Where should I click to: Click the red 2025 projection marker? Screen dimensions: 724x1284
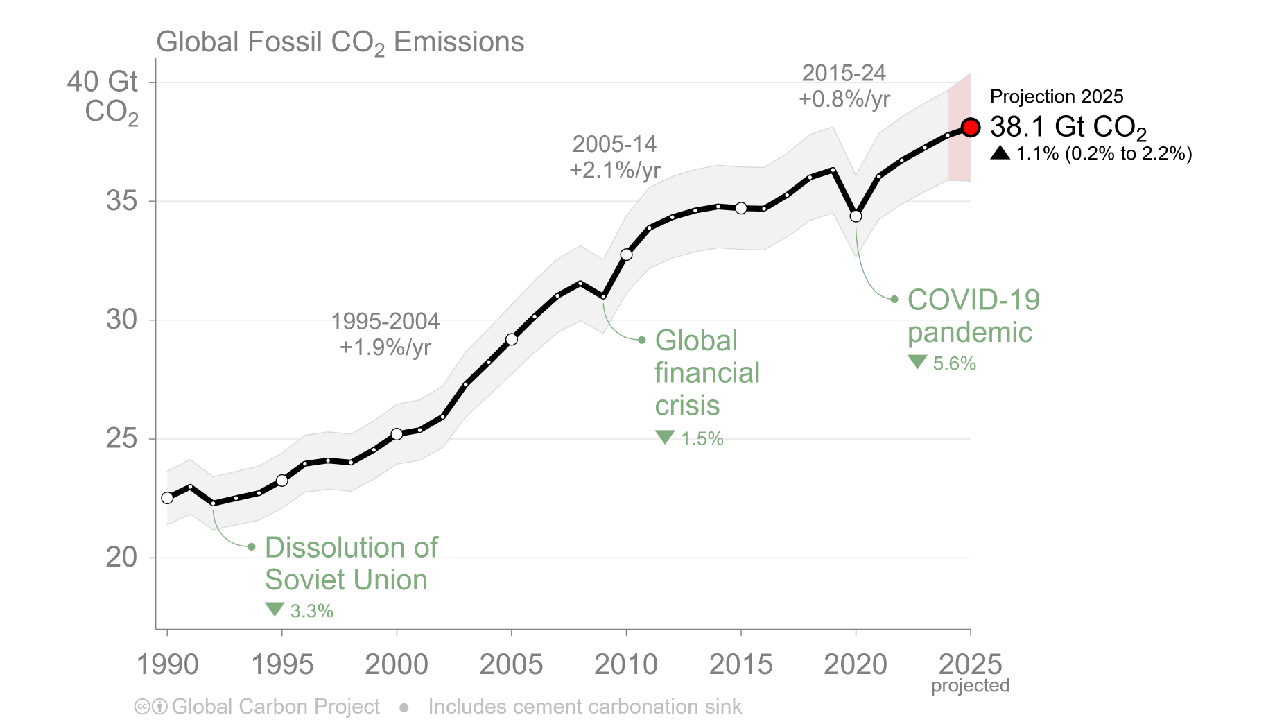[x=971, y=128]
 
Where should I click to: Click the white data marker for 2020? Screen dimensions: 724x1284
[x=856, y=216]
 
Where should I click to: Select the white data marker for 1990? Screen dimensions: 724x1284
[x=167, y=498]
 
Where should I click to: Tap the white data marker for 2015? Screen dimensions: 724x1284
[x=741, y=208]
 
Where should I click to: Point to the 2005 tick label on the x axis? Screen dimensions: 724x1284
[x=511, y=664]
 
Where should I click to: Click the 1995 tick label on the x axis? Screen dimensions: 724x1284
[x=281, y=664]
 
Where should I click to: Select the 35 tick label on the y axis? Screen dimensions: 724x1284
[x=121, y=201]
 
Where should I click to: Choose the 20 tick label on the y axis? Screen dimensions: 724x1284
[x=121, y=557]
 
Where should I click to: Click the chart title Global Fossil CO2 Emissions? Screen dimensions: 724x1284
[x=340, y=42]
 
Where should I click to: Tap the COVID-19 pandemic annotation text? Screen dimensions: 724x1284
[x=973, y=316]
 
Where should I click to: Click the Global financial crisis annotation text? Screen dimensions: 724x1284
[x=707, y=373]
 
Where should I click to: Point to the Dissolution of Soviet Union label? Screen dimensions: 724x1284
[x=351, y=563]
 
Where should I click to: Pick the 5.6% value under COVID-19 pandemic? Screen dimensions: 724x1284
[x=954, y=363]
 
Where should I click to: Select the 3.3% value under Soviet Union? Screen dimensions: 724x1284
[x=311, y=611]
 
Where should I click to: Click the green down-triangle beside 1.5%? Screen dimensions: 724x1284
[x=665, y=437]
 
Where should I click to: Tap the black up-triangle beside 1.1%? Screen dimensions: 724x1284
[x=1000, y=153]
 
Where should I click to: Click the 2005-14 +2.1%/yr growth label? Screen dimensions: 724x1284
[x=615, y=157]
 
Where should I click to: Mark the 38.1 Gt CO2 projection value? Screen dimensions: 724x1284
[x=1068, y=127]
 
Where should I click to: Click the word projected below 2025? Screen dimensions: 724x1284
[x=970, y=686]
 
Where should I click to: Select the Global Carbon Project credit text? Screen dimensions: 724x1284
[x=275, y=707]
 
